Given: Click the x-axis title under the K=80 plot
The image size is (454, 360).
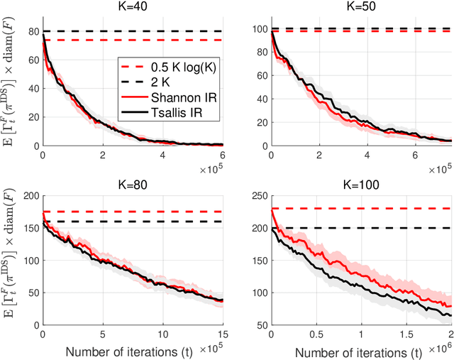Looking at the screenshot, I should tap(132, 351).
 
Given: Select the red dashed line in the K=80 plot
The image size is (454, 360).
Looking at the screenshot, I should tap(142, 212).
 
